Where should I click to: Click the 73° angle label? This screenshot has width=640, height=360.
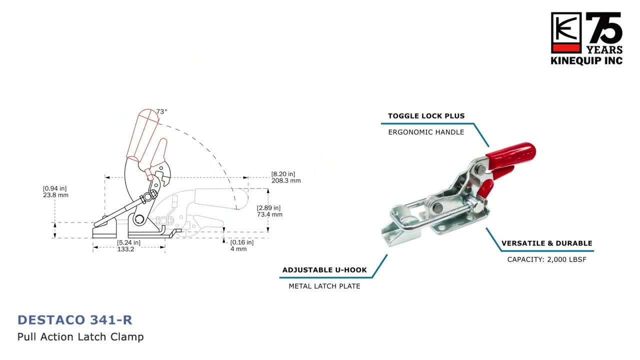(x=161, y=111)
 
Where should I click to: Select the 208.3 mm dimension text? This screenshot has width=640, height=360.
(x=286, y=180)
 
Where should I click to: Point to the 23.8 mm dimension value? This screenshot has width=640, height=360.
(x=55, y=195)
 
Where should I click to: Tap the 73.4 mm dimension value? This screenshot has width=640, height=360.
(x=269, y=214)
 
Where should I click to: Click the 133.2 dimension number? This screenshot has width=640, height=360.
(x=125, y=249)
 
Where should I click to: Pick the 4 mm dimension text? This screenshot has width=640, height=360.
(x=238, y=249)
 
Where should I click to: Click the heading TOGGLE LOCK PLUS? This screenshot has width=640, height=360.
(x=426, y=116)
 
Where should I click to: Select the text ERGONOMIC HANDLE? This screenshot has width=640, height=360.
(x=426, y=132)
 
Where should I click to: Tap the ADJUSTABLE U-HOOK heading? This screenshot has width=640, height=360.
(x=324, y=270)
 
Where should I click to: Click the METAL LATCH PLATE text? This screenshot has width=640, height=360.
(x=324, y=286)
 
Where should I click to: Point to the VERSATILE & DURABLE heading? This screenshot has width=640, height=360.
(x=547, y=243)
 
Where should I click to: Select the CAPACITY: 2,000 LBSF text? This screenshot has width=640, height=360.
(x=547, y=259)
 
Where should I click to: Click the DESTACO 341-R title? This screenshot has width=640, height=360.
(x=75, y=320)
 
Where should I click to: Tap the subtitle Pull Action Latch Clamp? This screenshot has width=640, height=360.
(x=80, y=337)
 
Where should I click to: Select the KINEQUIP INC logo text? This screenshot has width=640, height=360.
(x=586, y=61)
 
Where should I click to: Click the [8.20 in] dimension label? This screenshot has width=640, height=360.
(x=283, y=174)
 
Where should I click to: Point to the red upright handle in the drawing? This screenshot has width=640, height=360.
(x=142, y=134)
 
